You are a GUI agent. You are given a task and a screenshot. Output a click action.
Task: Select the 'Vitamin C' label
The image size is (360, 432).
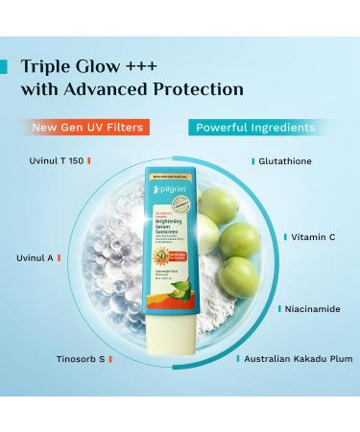[312, 235]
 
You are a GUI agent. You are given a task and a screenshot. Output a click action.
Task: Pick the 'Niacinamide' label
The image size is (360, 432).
[307, 309]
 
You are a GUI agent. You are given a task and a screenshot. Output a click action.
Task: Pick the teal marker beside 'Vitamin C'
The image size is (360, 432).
[284, 235]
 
